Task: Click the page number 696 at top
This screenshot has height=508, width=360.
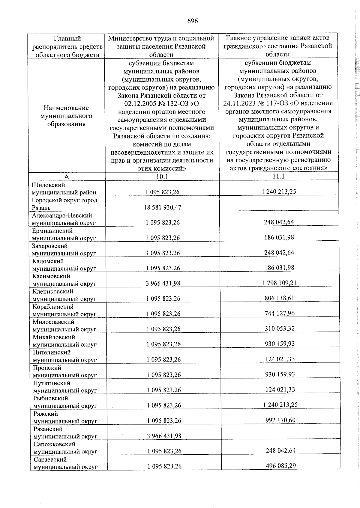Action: tap(192, 21)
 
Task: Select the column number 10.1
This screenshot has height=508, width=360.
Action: tap(162, 177)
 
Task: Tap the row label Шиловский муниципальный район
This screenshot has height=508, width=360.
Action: tap(64, 189)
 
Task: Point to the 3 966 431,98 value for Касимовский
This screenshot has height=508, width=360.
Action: tap(163, 283)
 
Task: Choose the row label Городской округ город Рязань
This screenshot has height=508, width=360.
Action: tap(64, 204)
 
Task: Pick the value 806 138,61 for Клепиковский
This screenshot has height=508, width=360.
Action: tap(279, 298)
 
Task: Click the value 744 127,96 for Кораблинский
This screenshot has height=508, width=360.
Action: tap(279, 313)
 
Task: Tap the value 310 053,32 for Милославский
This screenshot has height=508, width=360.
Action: tap(280, 328)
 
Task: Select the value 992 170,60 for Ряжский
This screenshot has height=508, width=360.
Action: tap(280, 420)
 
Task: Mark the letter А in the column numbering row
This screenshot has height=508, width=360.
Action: tap(67, 177)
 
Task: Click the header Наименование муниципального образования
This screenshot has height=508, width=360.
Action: tap(66, 116)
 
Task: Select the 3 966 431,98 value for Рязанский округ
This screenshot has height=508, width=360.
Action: tap(164, 436)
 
